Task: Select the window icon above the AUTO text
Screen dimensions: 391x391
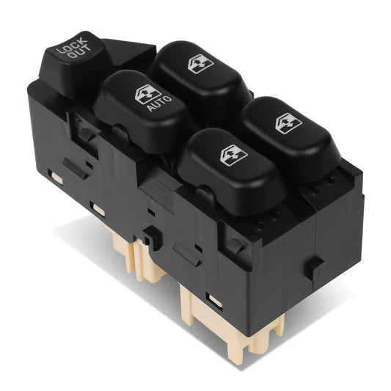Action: pos(147,94)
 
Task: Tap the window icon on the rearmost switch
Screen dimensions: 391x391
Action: pos(199,65)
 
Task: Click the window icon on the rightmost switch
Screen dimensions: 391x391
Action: pos(287,122)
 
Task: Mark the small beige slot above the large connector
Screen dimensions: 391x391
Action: pos(215,299)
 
